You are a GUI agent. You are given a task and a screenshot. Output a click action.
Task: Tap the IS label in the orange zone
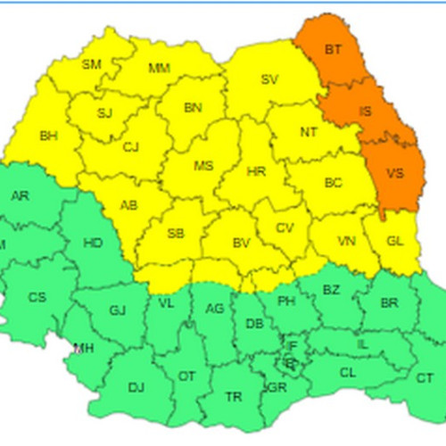click(365, 111)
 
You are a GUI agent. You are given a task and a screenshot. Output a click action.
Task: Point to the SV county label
click(269, 79)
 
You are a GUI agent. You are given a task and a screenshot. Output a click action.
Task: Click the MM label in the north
click(159, 68)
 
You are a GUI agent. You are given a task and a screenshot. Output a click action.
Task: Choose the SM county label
click(91, 63)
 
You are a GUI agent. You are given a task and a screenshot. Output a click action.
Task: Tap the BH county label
click(48, 136)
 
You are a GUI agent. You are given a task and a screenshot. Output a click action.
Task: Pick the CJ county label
click(132, 147)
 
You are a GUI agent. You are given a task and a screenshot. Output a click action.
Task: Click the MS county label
click(204, 165)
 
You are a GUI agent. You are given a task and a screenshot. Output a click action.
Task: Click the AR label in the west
click(20, 196)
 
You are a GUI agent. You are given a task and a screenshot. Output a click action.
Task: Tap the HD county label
click(92, 242)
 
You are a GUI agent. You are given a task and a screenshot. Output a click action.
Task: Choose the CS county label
click(37, 297)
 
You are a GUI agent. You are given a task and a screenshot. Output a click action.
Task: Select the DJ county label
click(136, 387)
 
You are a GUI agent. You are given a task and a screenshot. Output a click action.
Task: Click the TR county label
click(234, 396)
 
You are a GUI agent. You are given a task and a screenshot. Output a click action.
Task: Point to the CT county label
click(425, 378)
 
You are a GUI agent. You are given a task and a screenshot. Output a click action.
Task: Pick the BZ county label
click(331, 290)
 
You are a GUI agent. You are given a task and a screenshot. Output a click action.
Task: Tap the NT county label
click(309, 133)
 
